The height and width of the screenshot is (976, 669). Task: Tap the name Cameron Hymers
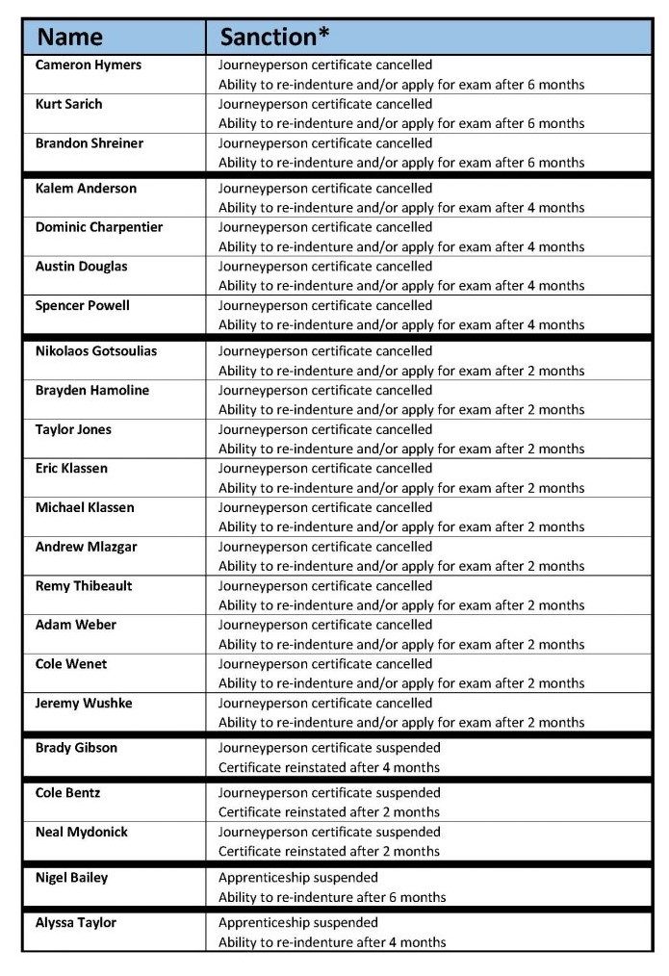pos(89,65)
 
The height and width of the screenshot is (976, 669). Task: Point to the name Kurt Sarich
pos(68,104)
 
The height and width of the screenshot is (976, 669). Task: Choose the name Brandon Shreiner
pos(90,143)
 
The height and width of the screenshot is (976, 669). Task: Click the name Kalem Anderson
pos(86,189)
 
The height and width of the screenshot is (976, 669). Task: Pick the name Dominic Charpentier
pos(99,227)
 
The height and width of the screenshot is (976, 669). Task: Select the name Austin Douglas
pos(81,267)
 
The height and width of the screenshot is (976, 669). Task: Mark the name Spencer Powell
pos(83,305)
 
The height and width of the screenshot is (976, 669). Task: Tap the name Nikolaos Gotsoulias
pos(96,351)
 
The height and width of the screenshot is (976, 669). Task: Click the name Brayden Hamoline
pos(92,391)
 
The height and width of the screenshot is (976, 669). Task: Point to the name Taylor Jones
pos(73,429)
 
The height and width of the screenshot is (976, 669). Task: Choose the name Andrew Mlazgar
pos(86,547)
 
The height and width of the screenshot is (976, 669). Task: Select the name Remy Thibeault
pos(84,586)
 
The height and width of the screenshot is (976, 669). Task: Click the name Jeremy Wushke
pos(84,704)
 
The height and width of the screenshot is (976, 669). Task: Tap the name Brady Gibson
pos(76,748)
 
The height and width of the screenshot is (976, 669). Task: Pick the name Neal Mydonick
pos(82,832)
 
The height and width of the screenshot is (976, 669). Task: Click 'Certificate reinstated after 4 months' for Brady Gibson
pos(329,767)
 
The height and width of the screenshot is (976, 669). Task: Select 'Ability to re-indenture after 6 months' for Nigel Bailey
pos(332,897)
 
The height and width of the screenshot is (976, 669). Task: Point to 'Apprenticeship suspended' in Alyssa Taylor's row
pos(298,923)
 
